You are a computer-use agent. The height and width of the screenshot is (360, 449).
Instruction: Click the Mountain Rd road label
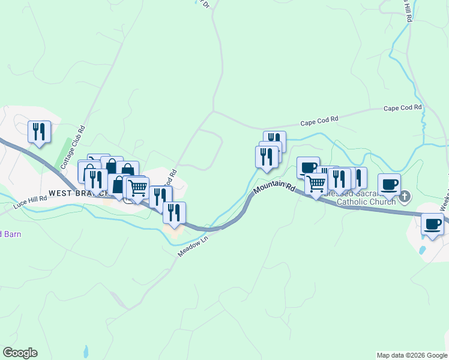coord(275,188)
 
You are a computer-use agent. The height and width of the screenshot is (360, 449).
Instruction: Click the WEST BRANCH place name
coord(78,193)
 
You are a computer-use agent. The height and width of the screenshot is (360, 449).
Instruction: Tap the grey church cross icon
coord(405,196)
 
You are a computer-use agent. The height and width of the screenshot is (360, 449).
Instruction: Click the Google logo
coord(20,353)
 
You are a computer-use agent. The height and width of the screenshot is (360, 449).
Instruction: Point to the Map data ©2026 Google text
coord(411,355)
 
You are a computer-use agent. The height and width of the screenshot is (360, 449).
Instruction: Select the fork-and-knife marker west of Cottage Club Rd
coord(39,131)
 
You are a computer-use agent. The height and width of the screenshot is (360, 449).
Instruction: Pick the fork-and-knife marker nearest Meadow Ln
coord(174,213)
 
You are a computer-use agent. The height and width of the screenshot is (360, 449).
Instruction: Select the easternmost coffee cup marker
coord(432,224)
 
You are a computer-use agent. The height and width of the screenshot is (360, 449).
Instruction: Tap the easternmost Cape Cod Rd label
coord(403,108)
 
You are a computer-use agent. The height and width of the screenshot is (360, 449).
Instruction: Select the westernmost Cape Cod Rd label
coord(319,121)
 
